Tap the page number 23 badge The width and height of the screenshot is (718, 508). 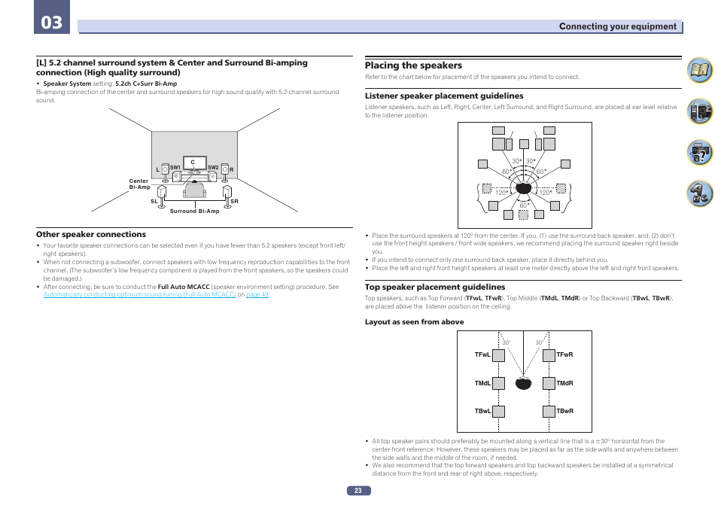(x=358, y=491)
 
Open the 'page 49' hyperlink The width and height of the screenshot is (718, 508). (x=257, y=294)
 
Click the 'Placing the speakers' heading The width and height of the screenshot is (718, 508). (x=413, y=65)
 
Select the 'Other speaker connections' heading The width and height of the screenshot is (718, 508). (x=91, y=234)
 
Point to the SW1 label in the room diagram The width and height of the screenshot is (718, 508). (x=175, y=167)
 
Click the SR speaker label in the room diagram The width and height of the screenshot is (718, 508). (x=234, y=202)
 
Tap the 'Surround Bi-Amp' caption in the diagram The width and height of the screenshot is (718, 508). (x=194, y=211)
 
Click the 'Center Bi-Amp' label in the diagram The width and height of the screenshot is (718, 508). (x=139, y=184)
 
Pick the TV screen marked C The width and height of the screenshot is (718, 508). (x=193, y=163)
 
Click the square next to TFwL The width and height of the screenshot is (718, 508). (x=498, y=355)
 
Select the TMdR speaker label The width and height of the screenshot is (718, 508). (x=564, y=383)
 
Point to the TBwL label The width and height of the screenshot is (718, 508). (x=482, y=412)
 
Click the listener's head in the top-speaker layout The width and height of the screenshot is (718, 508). (x=524, y=383)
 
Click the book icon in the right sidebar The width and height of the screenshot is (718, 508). (x=700, y=72)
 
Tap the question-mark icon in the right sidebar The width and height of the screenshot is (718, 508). (x=700, y=154)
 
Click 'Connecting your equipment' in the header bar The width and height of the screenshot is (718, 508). (x=617, y=26)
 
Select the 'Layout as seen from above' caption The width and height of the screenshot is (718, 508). (x=414, y=321)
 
